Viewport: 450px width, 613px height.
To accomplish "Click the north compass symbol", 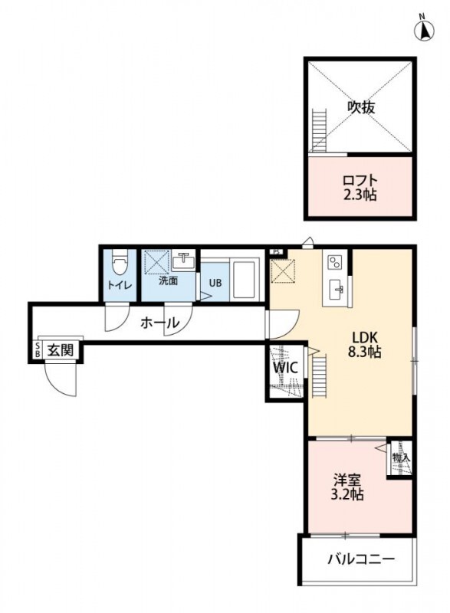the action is coord(423,29).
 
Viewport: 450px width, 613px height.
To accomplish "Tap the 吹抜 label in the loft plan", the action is coord(361,107).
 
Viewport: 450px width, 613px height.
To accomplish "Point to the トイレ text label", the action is coord(120,285).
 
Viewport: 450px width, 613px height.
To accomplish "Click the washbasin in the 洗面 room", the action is coord(183,261).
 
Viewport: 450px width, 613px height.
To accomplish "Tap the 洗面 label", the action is coord(168,281).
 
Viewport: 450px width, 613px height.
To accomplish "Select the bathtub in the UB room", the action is coord(244,279).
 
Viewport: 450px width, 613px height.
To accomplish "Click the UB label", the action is coord(215,283).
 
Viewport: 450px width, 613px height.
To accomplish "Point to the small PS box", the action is coord(277,252).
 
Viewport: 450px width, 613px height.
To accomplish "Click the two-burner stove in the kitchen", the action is coord(334,261).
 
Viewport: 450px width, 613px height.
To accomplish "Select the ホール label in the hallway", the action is coord(159,323).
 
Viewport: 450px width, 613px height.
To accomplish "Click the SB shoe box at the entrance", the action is coord(38,350).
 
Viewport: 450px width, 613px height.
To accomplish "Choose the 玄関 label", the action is coord(61,350).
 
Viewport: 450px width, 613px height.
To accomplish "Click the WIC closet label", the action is coord(285,368).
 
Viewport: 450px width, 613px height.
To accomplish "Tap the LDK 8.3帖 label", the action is coord(364,344).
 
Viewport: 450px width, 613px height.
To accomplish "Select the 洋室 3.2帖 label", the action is coord(347,487).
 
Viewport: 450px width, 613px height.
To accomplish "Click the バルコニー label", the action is coord(360,559).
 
